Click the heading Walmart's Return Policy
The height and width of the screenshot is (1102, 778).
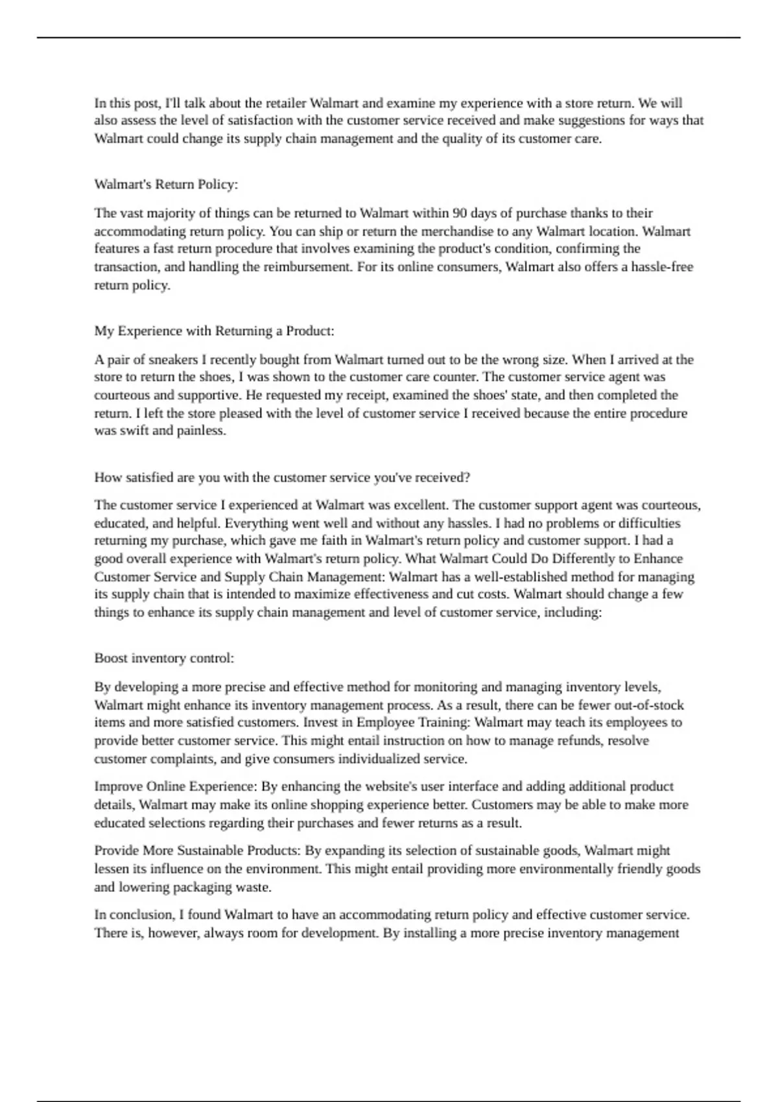[x=166, y=185]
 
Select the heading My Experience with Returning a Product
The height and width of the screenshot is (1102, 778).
[x=214, y=331]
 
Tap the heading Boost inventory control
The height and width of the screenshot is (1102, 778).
[x=164, y=659]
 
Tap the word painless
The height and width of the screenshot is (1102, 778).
[x=202, y=431]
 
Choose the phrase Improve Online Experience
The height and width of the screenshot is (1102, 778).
[x=176, y=787]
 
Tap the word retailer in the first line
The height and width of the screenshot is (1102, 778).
[x=285, y=103]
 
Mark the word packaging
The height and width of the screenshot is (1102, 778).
[x=195, y=887]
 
